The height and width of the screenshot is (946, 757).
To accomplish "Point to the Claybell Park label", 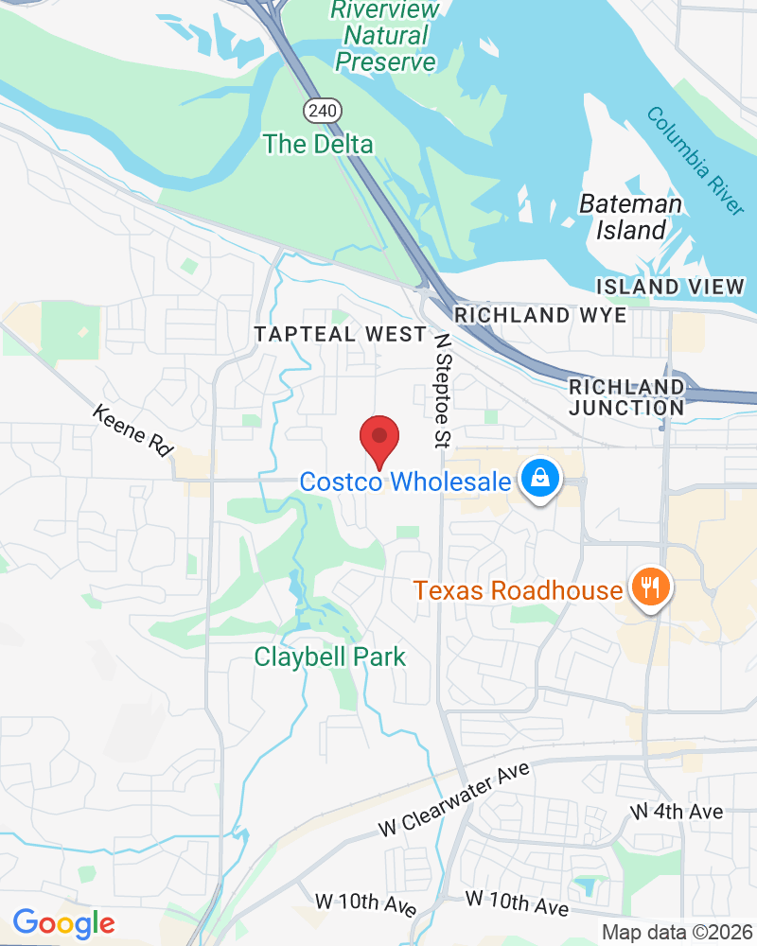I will coord(329,657).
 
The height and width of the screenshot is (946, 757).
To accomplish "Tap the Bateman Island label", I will coord(629,217).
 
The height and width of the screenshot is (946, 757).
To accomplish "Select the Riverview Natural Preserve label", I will coord(383,36).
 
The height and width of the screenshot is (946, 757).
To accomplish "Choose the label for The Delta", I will coord(318,144).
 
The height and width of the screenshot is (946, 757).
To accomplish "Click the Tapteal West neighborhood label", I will coord(340,334).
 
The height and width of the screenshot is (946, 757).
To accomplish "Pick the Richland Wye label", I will coord(540,315).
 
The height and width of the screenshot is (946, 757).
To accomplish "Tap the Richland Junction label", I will coord(626,397).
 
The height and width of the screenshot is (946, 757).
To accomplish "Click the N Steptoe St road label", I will coord(443,377).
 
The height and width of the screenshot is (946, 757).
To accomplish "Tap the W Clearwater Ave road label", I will coord(453,799).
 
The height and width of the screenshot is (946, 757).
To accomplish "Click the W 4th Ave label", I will coord(677,812).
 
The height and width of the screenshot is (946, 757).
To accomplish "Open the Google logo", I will coord(63,922).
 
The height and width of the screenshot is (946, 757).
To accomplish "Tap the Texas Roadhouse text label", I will coord(518,591).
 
